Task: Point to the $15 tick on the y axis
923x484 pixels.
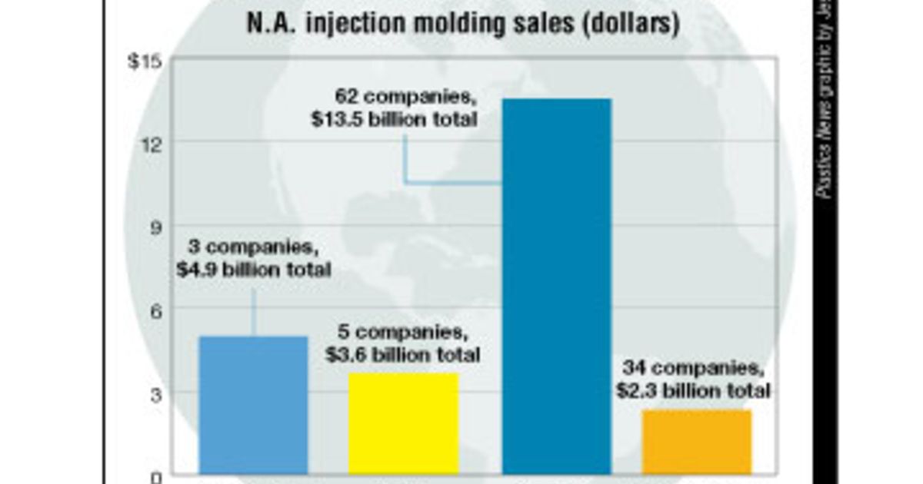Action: point(145,61)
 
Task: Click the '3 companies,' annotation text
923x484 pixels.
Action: point(253,248)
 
